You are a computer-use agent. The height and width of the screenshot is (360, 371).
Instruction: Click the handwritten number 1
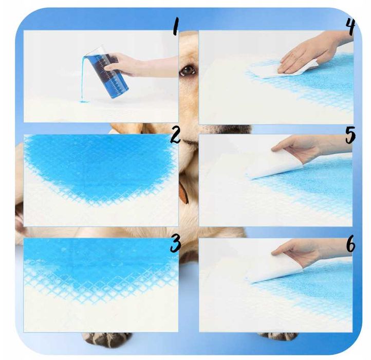click(175, 27)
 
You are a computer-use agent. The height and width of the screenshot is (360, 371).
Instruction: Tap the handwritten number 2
click(175, 136)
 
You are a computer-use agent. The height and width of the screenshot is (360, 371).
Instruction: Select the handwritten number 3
click(175, 244)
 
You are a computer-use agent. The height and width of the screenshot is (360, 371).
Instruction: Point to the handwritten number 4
click(350, 27)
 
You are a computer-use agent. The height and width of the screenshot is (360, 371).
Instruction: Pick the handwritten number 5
click(350, 135)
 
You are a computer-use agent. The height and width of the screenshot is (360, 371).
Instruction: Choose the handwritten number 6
click(351, 244)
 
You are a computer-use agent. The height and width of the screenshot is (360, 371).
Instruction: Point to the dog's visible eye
click(188, 70)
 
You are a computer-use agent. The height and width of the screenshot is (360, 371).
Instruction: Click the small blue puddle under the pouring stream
click(84, 102)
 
